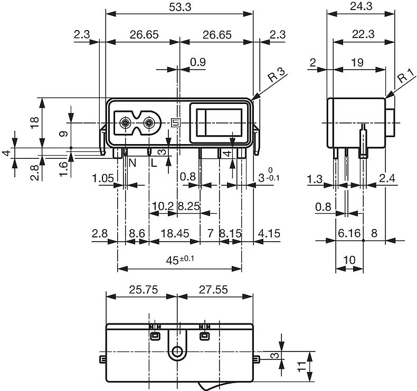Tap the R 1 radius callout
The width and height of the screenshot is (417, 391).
coord(405,78)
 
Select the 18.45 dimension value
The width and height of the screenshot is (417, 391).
coord(174,233)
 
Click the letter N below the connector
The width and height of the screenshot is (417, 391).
coord(132,164)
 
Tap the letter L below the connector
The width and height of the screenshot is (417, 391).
coord(154,164)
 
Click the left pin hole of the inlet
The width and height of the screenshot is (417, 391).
coord(125,123)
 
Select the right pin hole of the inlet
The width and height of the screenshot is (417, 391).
coord(150,123)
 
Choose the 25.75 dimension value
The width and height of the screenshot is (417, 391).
coord(140,289)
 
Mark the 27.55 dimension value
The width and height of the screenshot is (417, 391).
coord(215,289)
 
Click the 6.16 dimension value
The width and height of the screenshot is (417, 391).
coord(348,233)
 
